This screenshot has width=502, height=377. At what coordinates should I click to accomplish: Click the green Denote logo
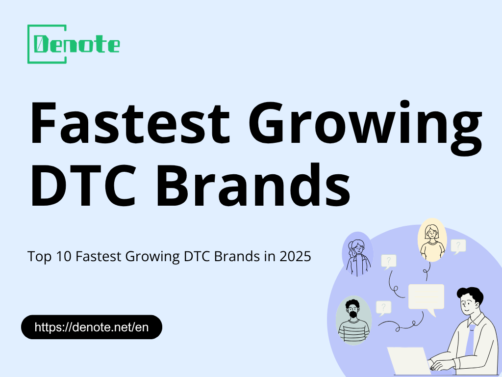pos(74,44)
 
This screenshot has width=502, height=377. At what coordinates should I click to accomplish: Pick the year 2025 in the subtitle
pos(295,256)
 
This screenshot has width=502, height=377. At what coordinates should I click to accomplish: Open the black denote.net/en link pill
pos(92,327)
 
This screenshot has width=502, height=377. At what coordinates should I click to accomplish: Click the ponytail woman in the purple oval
pos(357,255)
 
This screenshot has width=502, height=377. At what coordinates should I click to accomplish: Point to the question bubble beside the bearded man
pos(383,308)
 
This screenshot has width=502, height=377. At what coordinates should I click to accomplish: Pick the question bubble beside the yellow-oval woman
pos(458,245)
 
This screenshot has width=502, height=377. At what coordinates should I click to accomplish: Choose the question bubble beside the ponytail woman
pos(388,261)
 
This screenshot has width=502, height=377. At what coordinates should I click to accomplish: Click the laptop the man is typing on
pos(409,361)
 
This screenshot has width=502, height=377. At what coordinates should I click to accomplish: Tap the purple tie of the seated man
pos(470,339)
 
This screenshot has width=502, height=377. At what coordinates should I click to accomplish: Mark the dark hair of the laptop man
pos(471,294)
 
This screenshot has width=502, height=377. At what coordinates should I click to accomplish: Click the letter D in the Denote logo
pos(42,45)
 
